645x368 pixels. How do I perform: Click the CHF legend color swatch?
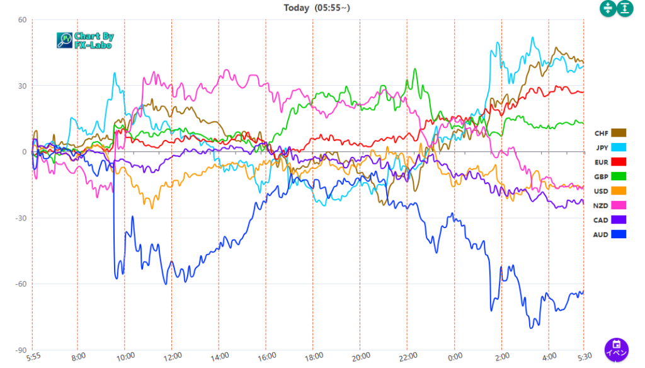(x=619, y=133)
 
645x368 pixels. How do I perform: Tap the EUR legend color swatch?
(x=619, y=162)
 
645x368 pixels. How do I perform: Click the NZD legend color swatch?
(x=619, y=205)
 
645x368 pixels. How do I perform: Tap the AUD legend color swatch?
(x=619, y=234)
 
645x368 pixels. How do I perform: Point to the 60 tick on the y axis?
(x=22, y=20)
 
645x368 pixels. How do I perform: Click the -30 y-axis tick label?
(x=21, y=218)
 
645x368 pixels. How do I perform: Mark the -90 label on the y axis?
(x=21, y=350)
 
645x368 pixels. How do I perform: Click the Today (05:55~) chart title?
(x=316, y=8)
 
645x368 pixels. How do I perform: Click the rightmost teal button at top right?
(x=624, y=8)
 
